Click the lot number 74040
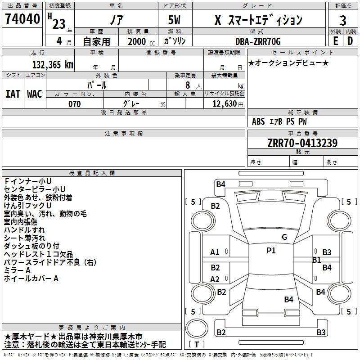[22, 18]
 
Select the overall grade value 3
[343, 21]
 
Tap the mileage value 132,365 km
[53, 65]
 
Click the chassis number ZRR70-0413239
[302, 143]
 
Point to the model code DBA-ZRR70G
[258, 41]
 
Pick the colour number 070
[75, 104]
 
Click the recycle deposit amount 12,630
[224, 104]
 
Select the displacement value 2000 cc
[141, 41]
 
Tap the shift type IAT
[13, 94]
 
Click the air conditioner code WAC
[35, 94]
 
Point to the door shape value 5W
[174, 20]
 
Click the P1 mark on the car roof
[271, 251]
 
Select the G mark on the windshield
[284, 237]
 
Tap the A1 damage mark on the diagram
[215, 252]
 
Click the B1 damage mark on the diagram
[316, 260]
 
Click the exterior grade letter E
[335, 41]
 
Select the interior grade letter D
[350, 41]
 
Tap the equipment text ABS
[258, 121]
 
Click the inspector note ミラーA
[17, 270]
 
